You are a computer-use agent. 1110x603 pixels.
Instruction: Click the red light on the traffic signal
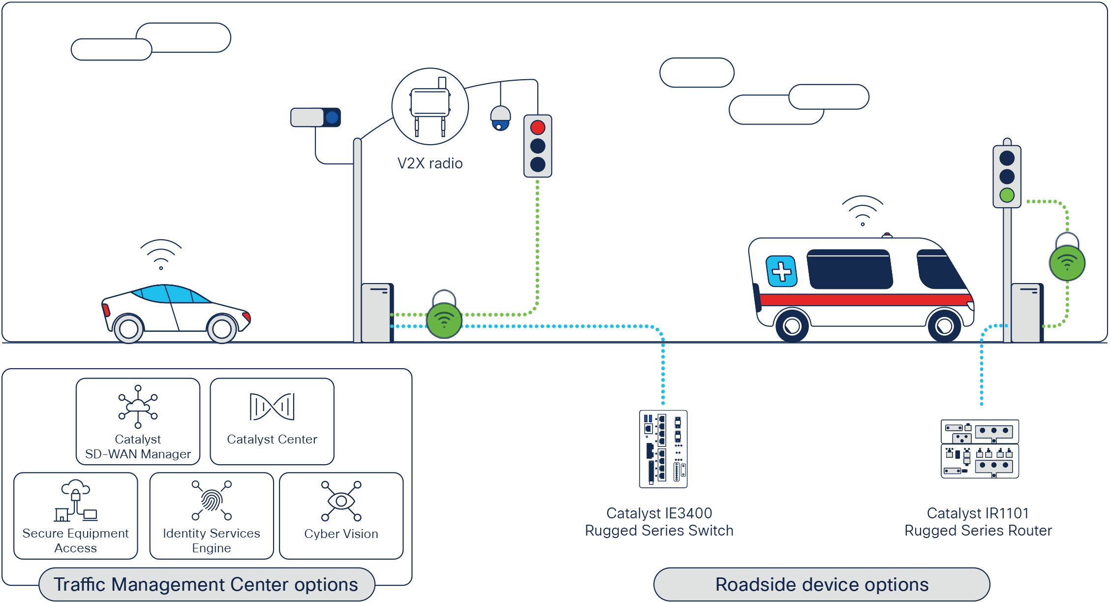[x=538, y=127]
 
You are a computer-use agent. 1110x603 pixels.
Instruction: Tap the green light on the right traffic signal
[x=1007, y=195]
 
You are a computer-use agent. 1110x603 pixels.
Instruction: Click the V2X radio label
[x=430, y=163]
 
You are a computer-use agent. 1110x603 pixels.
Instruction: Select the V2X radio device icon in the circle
[x=430, y=107]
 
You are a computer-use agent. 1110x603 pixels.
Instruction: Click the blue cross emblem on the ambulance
[x=781, y=271]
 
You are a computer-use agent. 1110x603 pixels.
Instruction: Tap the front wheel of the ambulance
[x=944, y=325]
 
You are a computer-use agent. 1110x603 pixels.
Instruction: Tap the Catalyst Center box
[x=272, y=421]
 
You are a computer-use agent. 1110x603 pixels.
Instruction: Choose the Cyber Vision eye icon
[x=341, y=501]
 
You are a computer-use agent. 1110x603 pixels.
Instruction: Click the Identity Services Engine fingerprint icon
[x=212, y=501]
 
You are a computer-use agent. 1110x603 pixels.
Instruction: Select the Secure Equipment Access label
[x=76, y=540]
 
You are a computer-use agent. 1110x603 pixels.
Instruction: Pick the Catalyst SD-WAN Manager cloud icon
[x=138, y=406]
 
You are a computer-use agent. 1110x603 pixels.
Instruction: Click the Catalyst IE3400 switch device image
[x=663, y=449]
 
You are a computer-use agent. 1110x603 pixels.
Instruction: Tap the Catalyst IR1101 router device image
[x=980, y=448]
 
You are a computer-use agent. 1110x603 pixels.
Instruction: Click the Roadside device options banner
[x=822, y=584]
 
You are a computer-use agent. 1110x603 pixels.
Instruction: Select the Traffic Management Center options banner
[x=206, y=584]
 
